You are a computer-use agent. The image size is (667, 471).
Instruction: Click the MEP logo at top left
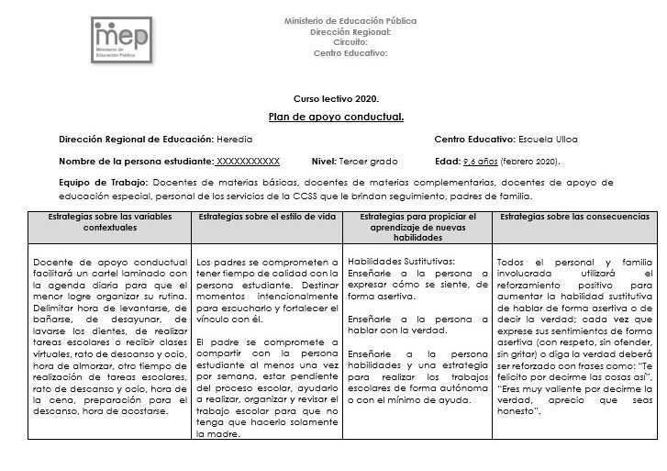click(125, 40)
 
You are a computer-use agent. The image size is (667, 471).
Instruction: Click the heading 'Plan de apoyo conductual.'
click(336, 117)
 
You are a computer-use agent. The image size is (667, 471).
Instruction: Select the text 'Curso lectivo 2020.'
click(336, 97)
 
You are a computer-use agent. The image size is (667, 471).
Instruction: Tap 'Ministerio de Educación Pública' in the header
click(350, 20)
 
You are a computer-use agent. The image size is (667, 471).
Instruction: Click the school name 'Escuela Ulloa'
click(548, 140)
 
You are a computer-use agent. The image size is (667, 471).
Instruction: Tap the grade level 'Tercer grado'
click(368, 161)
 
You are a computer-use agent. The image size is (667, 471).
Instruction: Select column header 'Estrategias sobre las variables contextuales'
click(107, 221)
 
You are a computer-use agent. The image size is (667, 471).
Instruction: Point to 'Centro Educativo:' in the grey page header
click(350, 53)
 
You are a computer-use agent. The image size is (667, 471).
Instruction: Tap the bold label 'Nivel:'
click(324, 161)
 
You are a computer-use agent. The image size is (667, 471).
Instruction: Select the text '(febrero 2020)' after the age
click(531, 161)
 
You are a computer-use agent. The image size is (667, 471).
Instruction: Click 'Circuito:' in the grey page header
click(350, 42)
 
